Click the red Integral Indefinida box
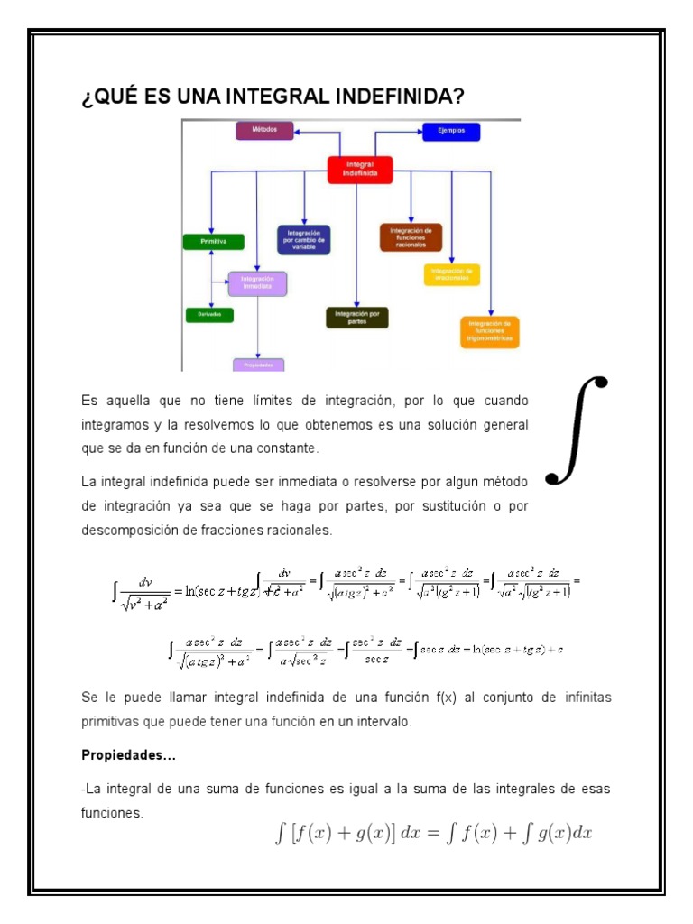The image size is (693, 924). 359,169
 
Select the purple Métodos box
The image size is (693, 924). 265,130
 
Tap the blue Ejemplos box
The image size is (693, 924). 451,131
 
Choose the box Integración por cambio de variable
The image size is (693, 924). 303,239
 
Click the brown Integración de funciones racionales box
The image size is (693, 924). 411,236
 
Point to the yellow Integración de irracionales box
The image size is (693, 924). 451,274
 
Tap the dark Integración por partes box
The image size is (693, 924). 356,318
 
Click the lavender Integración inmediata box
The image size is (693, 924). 257,283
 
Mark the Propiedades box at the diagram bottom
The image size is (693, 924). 258,365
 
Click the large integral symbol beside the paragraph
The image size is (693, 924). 577,430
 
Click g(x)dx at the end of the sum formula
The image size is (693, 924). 563,834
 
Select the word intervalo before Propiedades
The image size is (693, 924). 383,723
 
